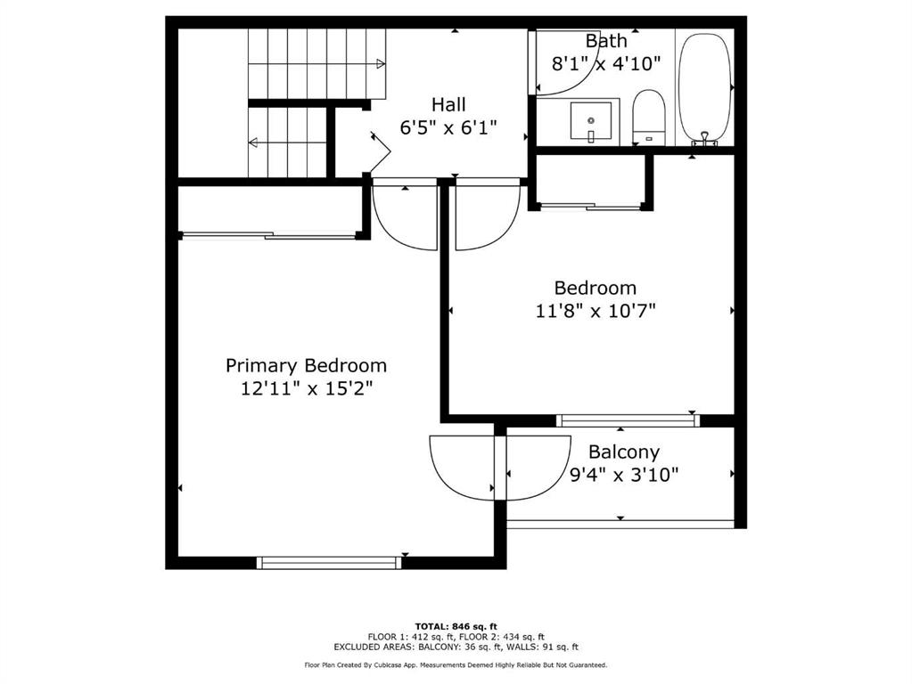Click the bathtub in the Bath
point(705,89)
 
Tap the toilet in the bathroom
point(648,117)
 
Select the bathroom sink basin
point(591,121)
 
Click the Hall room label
point(448,104)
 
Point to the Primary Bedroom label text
point(306,365)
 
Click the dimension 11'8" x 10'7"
point(595,311)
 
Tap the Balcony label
point(624,452)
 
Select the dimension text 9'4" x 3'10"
point(624,476)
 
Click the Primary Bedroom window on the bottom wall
point(329,562)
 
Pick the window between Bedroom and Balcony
point(625,419)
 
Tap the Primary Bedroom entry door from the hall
point(405,214)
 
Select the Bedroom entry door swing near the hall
point(488,214)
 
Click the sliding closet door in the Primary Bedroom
point(269,235)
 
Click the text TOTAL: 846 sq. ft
point(456,626)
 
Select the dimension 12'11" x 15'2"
point(306,387)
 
